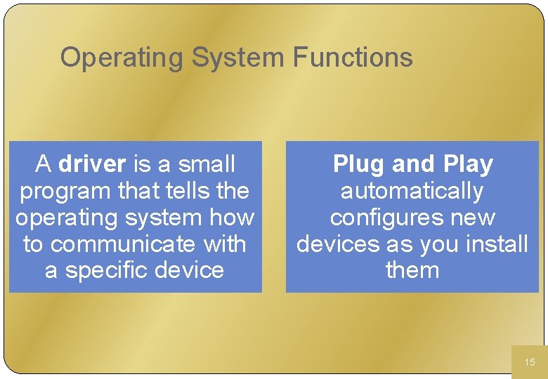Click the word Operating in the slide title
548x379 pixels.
pos(122,58)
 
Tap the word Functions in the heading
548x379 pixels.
pos(353,58)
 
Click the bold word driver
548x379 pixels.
pos(92,164)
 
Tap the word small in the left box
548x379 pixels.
pos(207,164)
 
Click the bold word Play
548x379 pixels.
pos(469,164)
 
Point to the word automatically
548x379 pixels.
pos(412,191)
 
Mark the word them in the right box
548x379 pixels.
pos(412,271)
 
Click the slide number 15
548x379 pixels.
pos(530,362)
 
